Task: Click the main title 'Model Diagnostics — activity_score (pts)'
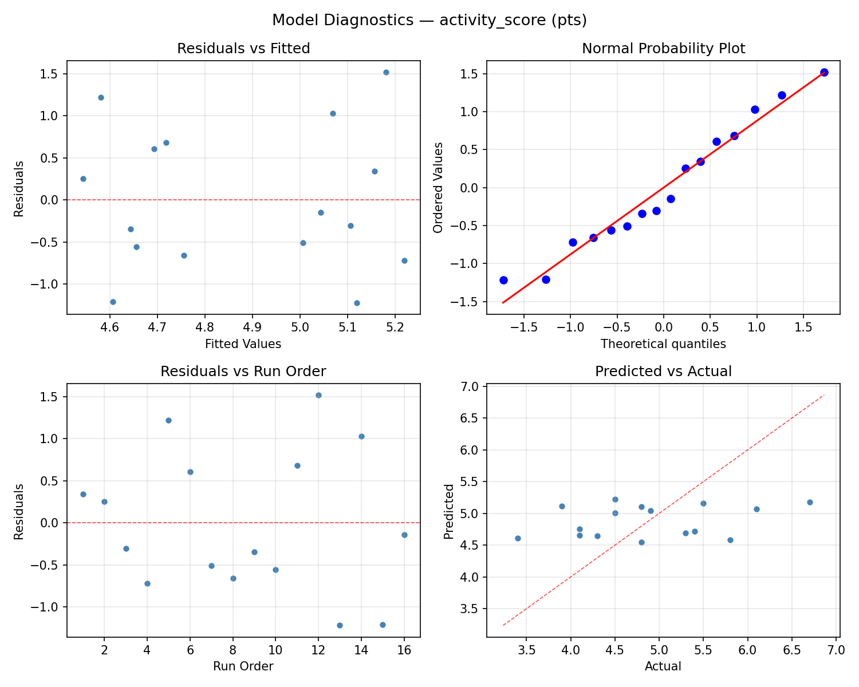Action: (x=429, y=20)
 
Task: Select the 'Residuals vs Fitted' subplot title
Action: (x=243, y=49)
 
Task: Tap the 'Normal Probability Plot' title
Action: (x=663, y=49)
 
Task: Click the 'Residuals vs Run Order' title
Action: (x=243, y=372)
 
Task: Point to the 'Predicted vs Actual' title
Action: (x=663, y=372)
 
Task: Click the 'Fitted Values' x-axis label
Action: (x=243, y=344)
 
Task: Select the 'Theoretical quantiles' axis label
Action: (x=663, y=344)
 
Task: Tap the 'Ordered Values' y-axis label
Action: (x=438, y=187)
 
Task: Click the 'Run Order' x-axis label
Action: (x=243, y=666)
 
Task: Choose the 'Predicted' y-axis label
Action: (x=449, y=511)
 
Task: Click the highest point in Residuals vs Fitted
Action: (x=386, y=72)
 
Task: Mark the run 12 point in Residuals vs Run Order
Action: (x=318, y=395)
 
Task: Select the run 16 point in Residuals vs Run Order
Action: (x=404, y=535)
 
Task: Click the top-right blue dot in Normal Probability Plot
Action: (x=824, y=72)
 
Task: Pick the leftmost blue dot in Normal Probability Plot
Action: (x=503, y=280)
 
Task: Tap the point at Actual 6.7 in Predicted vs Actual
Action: (x=810, y=502)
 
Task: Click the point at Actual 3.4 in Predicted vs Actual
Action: (x=518, y=538)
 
